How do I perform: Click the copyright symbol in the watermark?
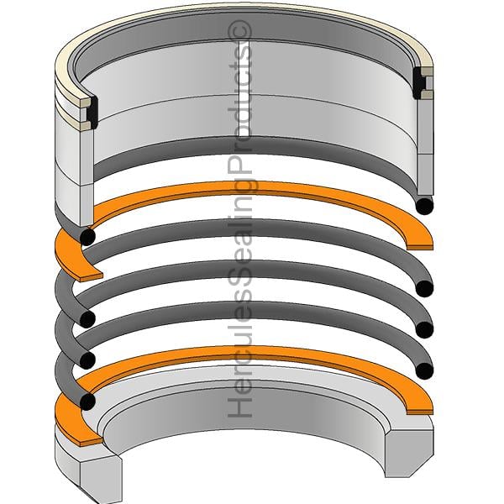tap(239, 32)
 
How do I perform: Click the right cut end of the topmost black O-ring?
tap(424, 206)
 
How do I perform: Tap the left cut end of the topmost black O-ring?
tap(87, 237)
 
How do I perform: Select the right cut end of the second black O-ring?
tap(424, 289)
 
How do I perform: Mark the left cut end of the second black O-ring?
tap(87, 319)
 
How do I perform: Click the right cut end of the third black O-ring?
tap(424, 329)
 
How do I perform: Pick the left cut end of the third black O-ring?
tap(87, 360)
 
